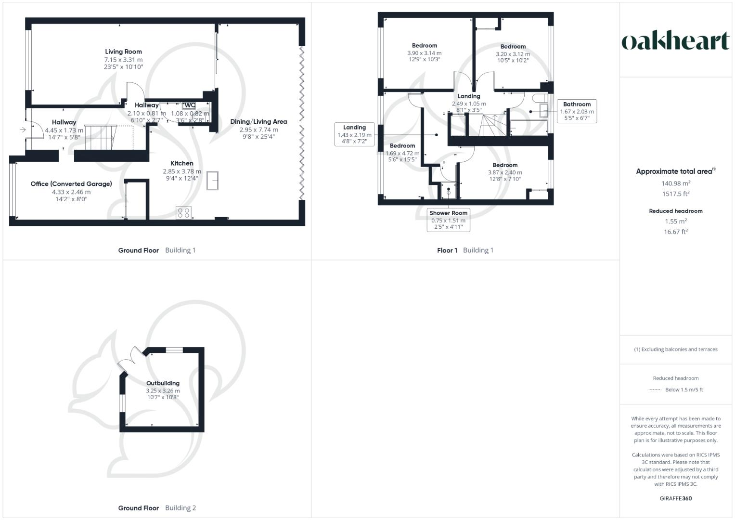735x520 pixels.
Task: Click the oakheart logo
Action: [675, 41]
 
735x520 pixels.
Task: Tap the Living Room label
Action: [124, 52]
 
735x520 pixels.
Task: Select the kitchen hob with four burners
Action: [183, 212]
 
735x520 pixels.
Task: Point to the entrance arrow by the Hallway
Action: [22, 130]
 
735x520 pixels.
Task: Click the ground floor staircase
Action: [100, 138]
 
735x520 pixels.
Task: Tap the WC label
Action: [189, 105]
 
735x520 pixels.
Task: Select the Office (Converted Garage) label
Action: [71, 184]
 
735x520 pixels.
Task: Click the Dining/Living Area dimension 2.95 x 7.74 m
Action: [258, 130]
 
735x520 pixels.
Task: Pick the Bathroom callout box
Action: [577, 111]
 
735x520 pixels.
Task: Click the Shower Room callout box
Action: [448, 220]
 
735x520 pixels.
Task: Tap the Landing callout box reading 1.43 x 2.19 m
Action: [354, 134]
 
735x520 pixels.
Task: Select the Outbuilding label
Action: [163, 383]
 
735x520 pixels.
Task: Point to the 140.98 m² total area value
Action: [675, 183]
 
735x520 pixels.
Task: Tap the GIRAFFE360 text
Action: [675, 498]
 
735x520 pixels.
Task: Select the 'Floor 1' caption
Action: [447, 250]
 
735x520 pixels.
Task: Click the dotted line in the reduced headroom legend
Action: [655, 390]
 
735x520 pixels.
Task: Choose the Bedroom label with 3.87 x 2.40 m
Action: [505, 165]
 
